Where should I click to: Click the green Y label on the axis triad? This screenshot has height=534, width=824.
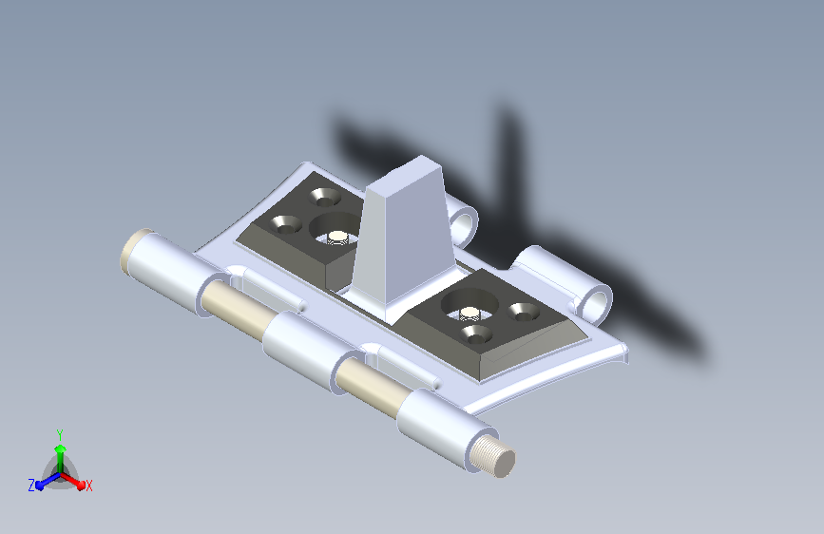(60, 435)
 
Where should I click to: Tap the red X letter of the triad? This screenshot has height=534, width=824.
(88, 486)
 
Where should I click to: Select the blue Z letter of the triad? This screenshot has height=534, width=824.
(31, 486)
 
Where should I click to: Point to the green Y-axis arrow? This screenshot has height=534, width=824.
(61, 459)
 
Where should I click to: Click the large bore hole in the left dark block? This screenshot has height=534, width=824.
(335, 230)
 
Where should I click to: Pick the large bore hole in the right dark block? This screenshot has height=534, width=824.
(469, 304)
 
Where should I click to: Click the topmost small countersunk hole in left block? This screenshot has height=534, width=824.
(325, 197)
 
